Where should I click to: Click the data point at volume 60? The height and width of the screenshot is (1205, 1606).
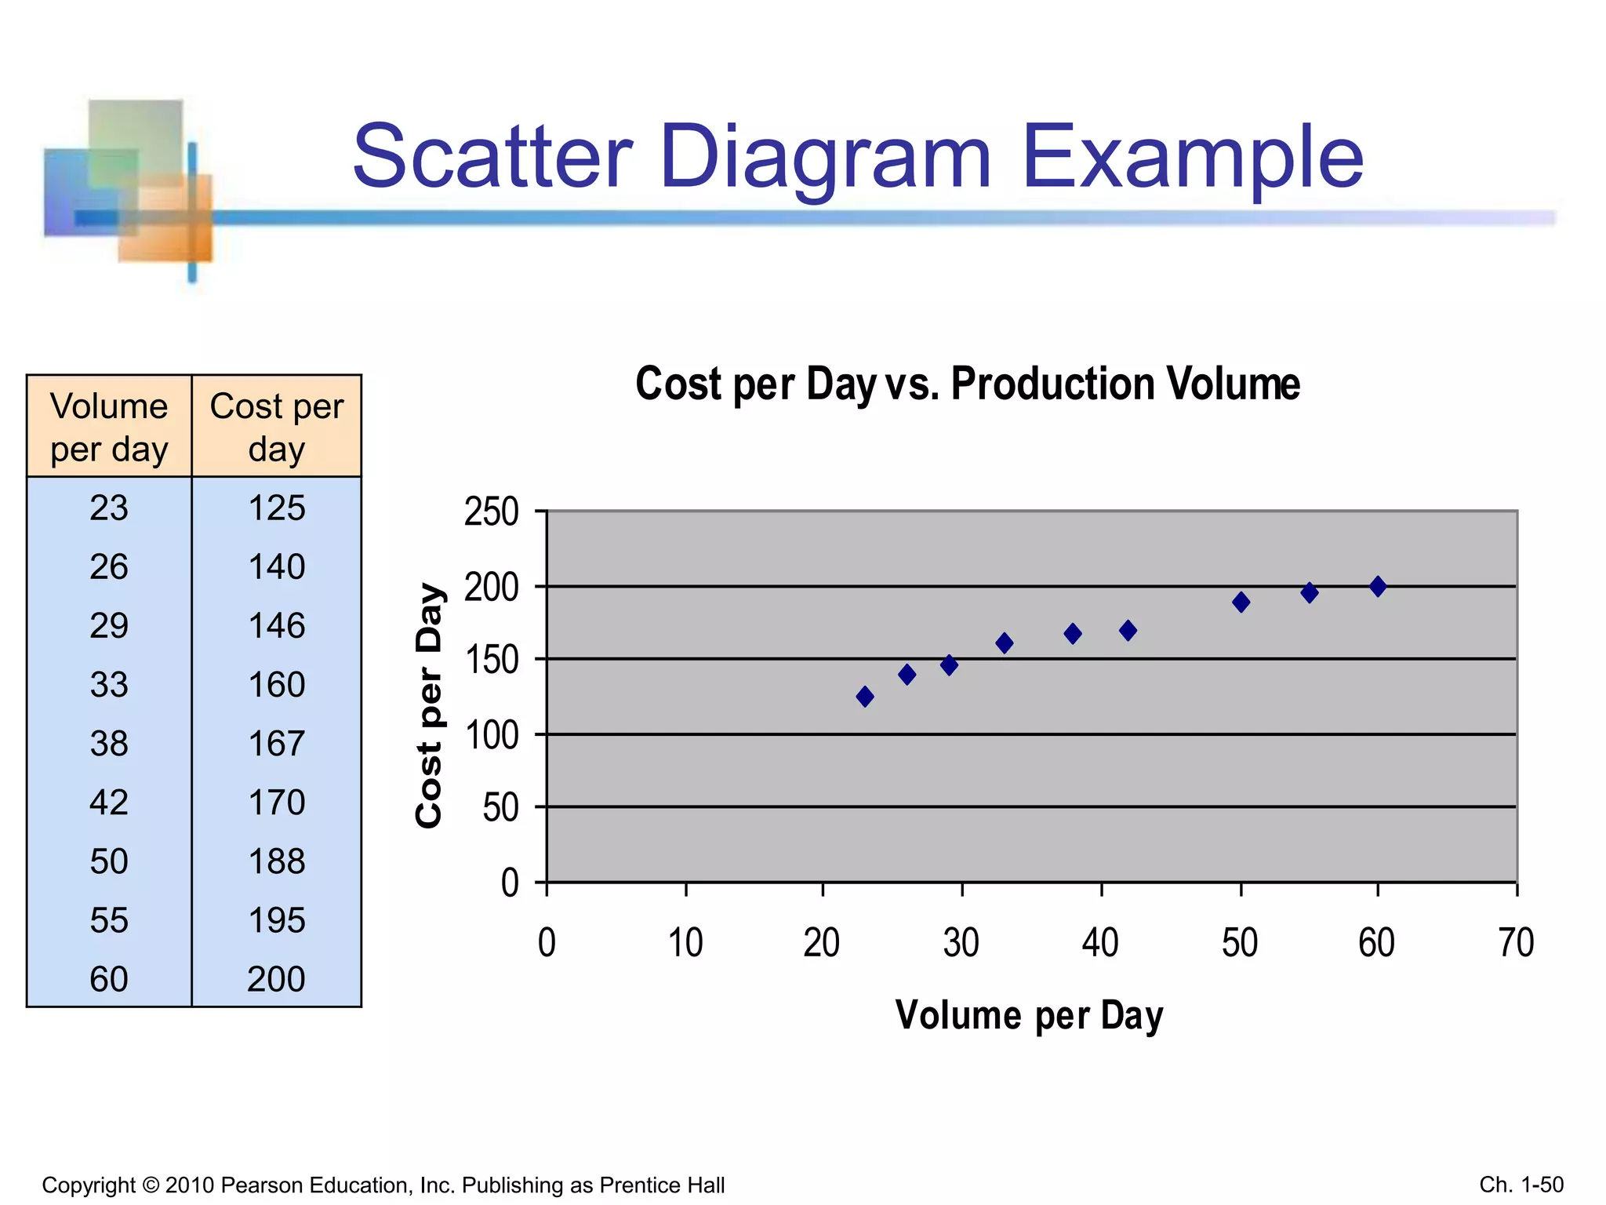[x=1377, y=586]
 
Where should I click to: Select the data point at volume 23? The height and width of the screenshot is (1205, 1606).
[x=865, y=697]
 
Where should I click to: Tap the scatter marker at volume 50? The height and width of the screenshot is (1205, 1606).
[x=1241, y=602]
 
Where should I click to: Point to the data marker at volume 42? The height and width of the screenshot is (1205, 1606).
[x=1128, y=631]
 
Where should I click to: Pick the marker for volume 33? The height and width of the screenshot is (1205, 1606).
[x=1004, y=643]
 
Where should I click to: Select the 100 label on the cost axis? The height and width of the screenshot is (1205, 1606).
[x=491, y=736]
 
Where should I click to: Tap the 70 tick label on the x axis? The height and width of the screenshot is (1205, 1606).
[x=1515, y=943]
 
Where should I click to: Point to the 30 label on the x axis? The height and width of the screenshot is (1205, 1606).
[x=961, y=943]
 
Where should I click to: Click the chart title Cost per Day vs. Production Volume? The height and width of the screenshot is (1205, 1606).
[x=967, y=384]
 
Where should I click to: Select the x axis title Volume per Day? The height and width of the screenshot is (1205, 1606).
[x=1029, y=1015]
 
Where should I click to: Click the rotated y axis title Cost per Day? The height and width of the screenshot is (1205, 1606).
[x=430, y=704]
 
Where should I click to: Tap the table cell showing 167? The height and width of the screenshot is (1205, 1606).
[x=276, y=744]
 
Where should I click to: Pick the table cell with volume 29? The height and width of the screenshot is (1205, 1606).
[x=109, y=626]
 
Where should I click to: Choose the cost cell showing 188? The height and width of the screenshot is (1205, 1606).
[x=276, y=861]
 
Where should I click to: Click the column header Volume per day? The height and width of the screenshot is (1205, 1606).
[x=109, y=427]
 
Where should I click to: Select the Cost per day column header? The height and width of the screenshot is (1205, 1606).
[x=276, y=427]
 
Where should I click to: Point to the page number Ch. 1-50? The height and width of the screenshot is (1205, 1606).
[x=1521, y=1184]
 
